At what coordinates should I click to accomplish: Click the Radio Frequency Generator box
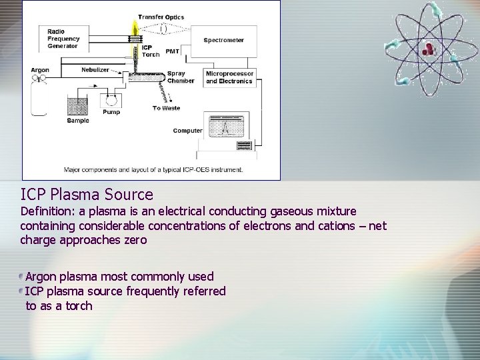63,39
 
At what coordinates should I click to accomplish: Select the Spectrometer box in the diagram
224,41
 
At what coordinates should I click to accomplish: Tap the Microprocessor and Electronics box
229,77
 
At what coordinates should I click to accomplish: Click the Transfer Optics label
161,17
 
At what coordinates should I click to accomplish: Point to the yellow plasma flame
134,27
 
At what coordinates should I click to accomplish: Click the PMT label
172,51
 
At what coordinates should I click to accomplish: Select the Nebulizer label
95,69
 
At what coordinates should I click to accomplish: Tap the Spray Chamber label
180,77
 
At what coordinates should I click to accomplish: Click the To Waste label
166,108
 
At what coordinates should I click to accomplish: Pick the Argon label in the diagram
40,70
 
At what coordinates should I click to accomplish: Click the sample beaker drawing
77,107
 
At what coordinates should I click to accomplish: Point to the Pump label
111,112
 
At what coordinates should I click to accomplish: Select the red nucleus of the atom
429,47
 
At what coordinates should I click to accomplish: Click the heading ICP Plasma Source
87,195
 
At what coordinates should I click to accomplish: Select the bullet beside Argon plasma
22,276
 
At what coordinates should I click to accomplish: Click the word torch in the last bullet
79,306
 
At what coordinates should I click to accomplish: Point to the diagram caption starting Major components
153,169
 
